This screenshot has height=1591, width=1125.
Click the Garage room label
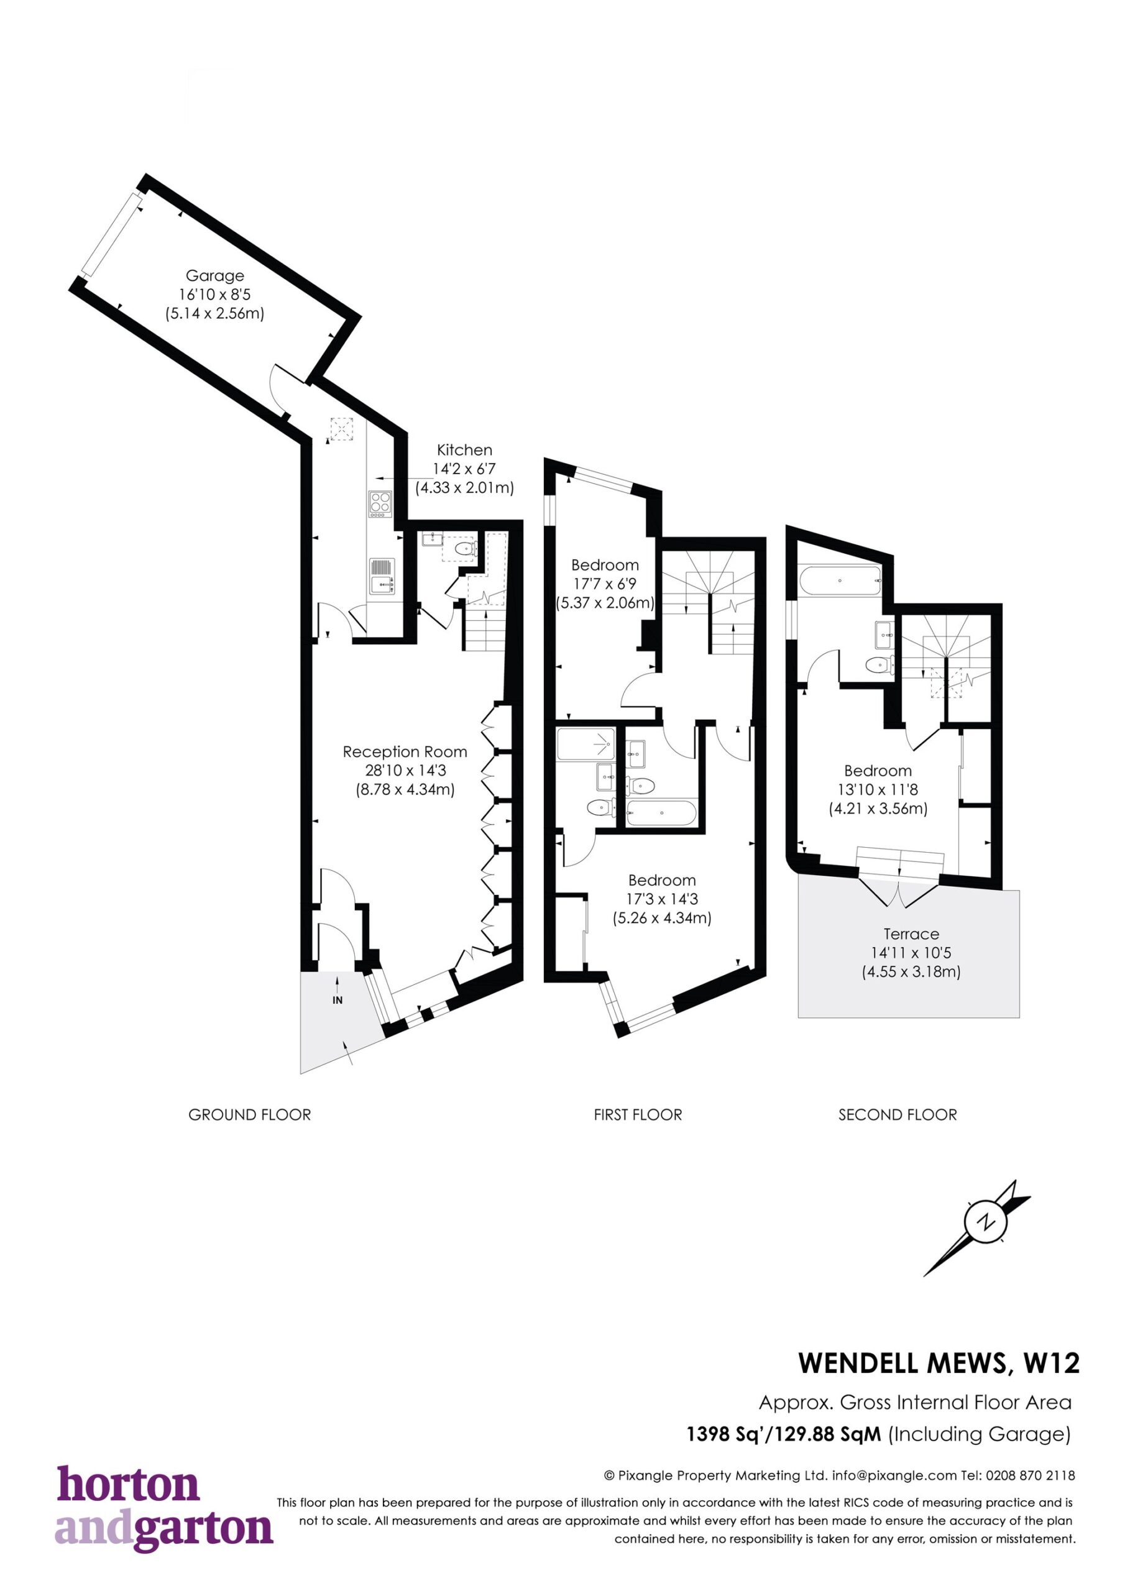(x=215, y=275)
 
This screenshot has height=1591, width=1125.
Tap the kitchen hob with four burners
(x=380, y=504)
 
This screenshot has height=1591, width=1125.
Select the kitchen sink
(x=381, y=577)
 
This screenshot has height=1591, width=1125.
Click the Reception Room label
(x=405, y=752)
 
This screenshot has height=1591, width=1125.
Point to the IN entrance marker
(x=337, y=1000)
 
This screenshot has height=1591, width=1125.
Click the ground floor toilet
(x=464, y=549)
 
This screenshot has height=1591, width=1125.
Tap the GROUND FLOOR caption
(x=249, y=1115)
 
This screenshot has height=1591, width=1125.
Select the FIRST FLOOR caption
(x=638, y=1115)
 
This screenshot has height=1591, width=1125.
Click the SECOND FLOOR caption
(x=898, y=1115)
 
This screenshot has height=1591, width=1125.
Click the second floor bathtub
(x=840, y=580)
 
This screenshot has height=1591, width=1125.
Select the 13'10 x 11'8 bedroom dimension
(x=878, y=789)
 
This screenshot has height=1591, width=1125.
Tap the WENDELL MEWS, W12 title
(x=939, y=1363)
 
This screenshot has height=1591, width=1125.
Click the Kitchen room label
(x=464, y=450)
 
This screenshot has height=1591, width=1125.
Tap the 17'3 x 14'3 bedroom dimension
(x=662, y=899)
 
